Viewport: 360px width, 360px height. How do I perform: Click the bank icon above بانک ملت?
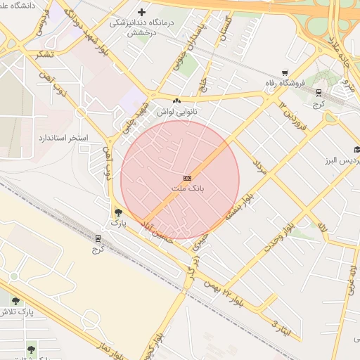pos(186,178)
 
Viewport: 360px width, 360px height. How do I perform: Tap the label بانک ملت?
pos(186,189)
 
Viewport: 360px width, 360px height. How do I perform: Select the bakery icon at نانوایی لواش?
pos(176,101)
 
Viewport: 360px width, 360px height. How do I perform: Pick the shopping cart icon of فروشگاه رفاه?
pos(285,72)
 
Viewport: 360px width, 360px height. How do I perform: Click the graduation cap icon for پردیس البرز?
pos(356,149)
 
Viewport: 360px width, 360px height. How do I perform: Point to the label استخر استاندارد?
pos(64,137)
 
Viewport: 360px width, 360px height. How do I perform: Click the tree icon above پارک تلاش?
pos(15,301)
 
